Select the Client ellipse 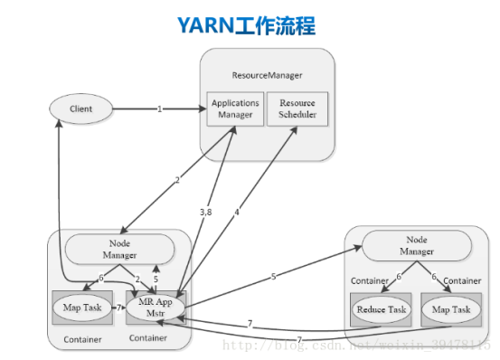(81, 109)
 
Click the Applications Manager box (235, 109)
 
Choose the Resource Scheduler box (297, 109)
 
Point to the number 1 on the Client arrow (160, 109)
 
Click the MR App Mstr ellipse (156, 308)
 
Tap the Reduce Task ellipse (380, 310)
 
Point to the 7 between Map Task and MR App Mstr (118, 308)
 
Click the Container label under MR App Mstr (148, 339)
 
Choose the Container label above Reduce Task (370, 280)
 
